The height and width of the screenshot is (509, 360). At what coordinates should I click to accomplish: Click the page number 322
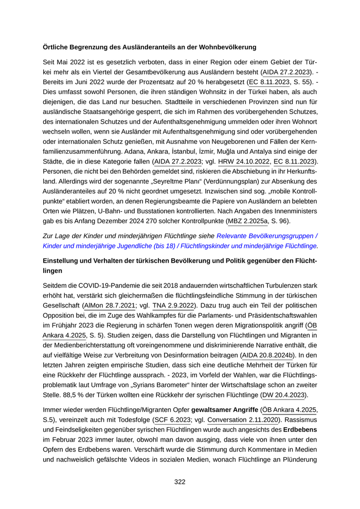(x=179, y=482)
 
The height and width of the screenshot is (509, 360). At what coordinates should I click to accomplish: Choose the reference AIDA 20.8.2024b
(x=269, y=355)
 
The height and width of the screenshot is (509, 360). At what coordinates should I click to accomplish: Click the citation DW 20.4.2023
(x=284, y=395)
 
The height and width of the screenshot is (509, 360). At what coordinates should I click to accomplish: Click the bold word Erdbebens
(x=300, y=429)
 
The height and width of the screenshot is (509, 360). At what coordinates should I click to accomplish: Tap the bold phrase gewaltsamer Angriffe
(x=225, y=409)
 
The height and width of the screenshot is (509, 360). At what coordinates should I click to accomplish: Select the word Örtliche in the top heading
(x=57, y=47)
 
